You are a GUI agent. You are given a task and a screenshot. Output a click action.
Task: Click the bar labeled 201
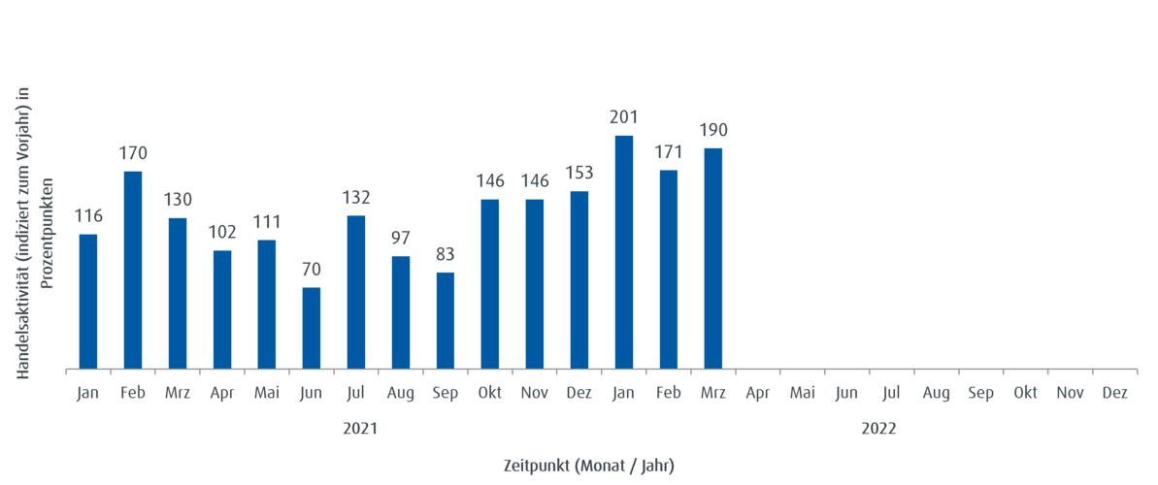tap(624, 251)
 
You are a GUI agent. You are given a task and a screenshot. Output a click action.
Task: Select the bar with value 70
tap(312, 327)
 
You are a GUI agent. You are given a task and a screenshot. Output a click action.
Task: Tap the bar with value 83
tap(446, 319)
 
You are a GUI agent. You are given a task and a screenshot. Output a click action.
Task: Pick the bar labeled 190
tap(713, 257)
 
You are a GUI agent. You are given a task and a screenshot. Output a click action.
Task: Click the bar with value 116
tap(88, 301)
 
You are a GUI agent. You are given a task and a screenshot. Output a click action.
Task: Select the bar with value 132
tap(356, 291)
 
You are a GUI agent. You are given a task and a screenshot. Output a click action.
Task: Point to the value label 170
tap(133, 153)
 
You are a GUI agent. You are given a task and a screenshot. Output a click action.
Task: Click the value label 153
tap(579, 173)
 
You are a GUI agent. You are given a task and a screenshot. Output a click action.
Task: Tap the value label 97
tap(401, 238)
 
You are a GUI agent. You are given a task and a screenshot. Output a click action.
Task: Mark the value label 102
tap(222, 233)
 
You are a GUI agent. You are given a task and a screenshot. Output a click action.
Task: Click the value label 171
tap(669, 152)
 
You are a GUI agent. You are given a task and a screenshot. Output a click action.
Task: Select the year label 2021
tap(359, 428)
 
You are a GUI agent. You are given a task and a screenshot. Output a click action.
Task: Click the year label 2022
tap(878, 428)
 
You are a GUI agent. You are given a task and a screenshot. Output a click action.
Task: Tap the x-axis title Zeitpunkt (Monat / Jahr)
tap(588, 466)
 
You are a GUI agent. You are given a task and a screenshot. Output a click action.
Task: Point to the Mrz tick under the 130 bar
tap(178, 393)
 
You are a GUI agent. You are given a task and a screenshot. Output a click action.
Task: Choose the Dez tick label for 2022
tap(1115, 393)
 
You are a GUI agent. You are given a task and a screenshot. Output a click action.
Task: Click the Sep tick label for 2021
tap(446, 393)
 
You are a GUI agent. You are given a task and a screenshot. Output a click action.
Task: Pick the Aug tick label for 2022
tap(937, 393)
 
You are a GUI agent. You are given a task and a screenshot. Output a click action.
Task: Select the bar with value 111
tap(267, 304)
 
